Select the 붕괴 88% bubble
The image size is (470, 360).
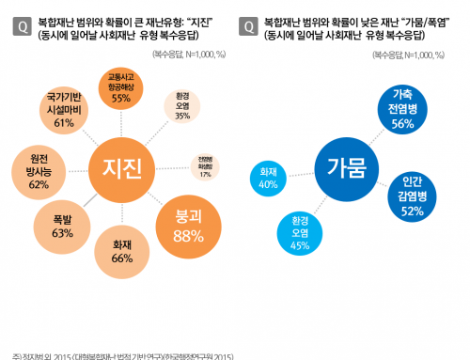190,222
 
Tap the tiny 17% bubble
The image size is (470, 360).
205,166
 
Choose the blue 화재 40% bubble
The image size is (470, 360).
268,179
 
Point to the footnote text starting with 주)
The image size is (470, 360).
122,355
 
